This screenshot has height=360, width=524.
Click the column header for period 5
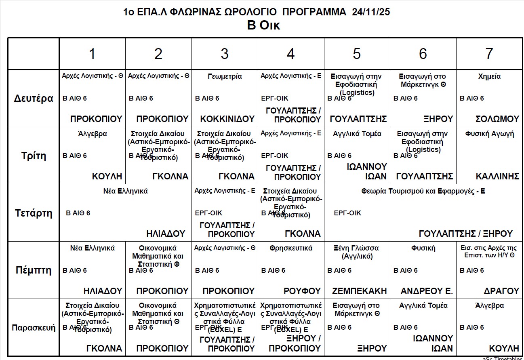[x=357, y=54]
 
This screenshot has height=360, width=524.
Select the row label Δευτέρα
[x=34, y=99]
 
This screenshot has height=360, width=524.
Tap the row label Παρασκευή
[x=34, y=328]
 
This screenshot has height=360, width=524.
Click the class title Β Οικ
[x=263, y=25]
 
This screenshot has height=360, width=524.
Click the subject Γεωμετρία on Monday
[x=225, y=76]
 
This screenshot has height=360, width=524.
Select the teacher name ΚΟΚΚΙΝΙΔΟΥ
[x=227, y=119]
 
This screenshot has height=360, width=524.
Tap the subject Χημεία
[x=489, y=76]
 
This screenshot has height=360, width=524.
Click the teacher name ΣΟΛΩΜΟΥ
[x=497, y=119]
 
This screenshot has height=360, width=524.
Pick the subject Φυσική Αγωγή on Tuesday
[x=489, y=134]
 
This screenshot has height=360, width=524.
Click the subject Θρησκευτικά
[x=291, y=248]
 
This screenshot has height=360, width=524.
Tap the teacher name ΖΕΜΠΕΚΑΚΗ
[x=359, y=291]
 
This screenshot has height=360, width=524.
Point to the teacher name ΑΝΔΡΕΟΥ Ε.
[x=427, y=291]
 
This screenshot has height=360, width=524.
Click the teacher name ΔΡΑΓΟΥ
[x=501, y=291]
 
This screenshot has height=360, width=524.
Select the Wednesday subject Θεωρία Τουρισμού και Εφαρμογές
[x=423, y=191]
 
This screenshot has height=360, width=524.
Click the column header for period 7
[x=489, y=54]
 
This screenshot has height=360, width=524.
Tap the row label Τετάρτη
[x=34, y=213]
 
